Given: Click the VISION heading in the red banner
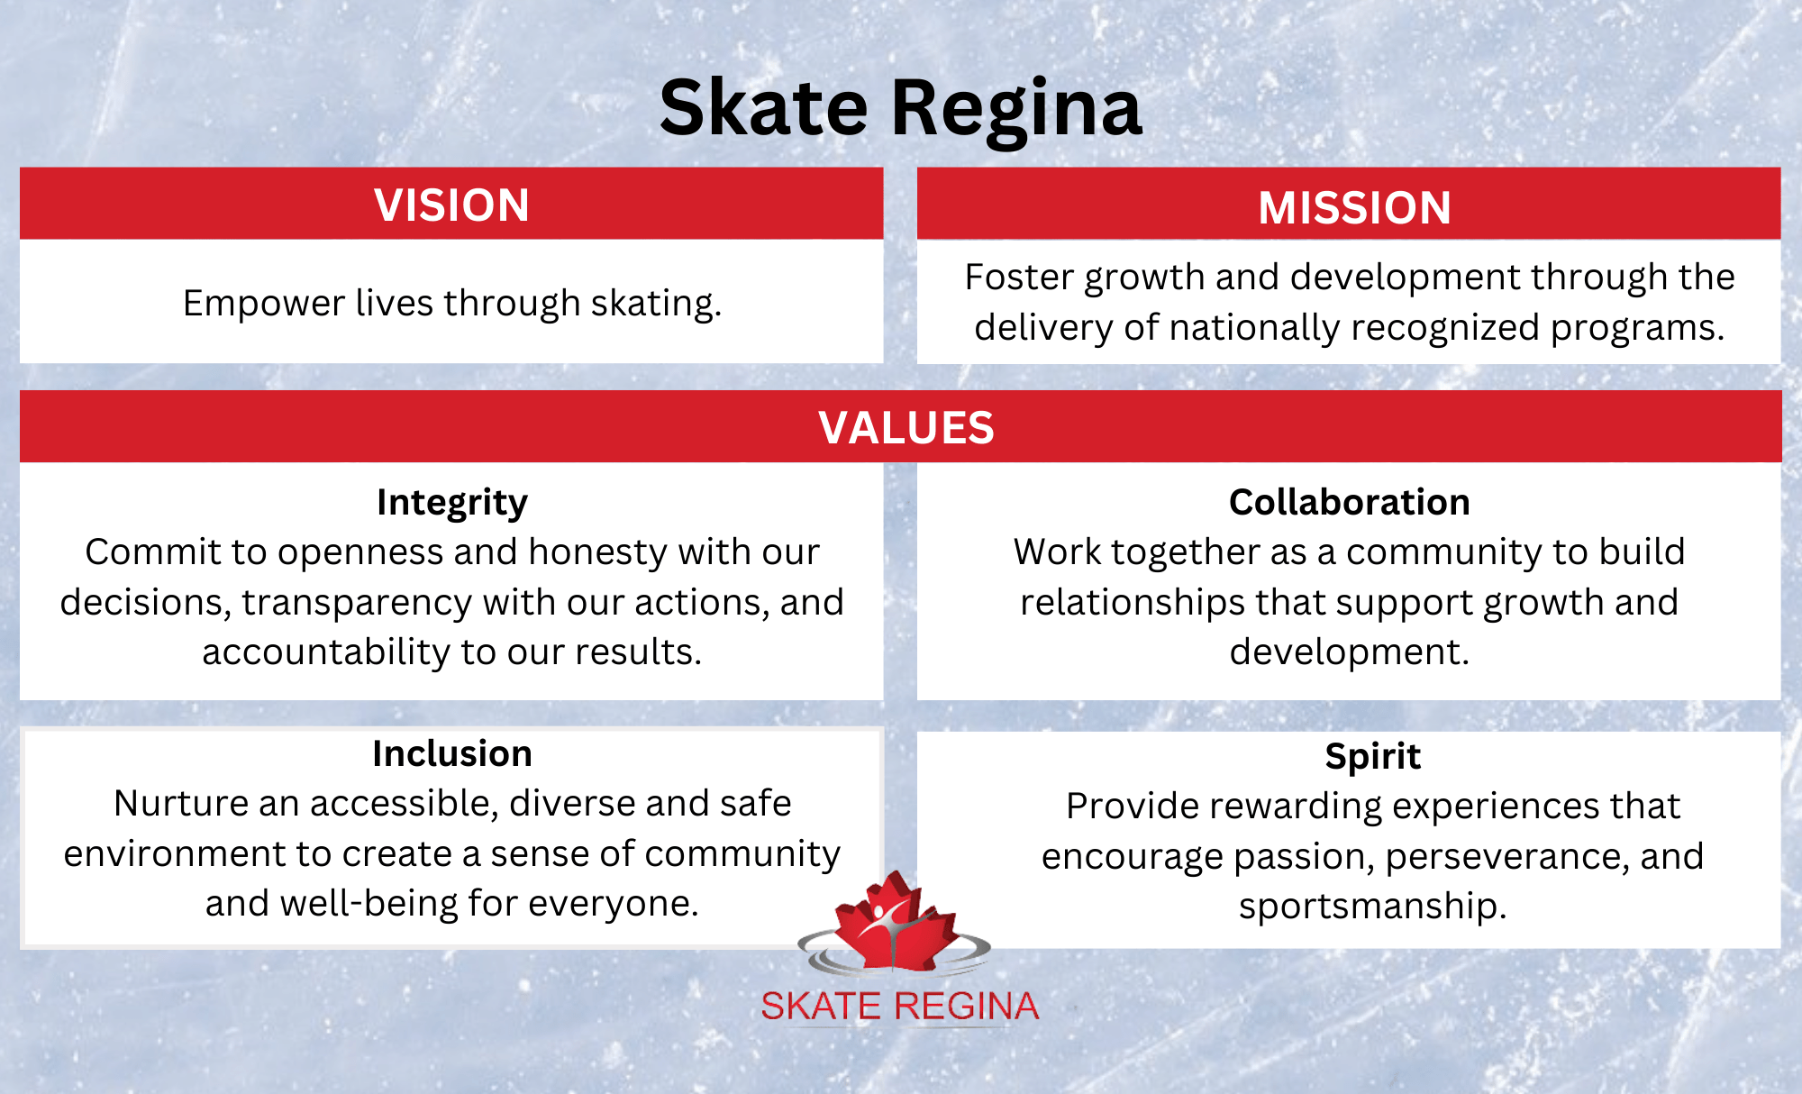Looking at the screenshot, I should pyautogui.click(x=451, y=205).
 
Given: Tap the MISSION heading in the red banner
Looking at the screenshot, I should pyautogui.click(x=1354, y=208).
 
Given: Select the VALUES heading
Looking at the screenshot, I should pyautogui.click(x=906, y=428).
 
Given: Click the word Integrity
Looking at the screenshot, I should pyautogui.click(x=451, y=503).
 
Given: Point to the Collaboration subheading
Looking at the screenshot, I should pyautogui.click(x=1349, y=503).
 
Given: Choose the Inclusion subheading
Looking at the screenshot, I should pyautogui.click(x=451, y=754).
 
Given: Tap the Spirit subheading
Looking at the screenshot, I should pyautogui.click(x=1372, y=757).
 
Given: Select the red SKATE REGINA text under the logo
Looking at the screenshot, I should pyautogui.click(x=899, y=1007).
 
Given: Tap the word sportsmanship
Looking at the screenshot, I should pyautogui.click(x=1371, y=907).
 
